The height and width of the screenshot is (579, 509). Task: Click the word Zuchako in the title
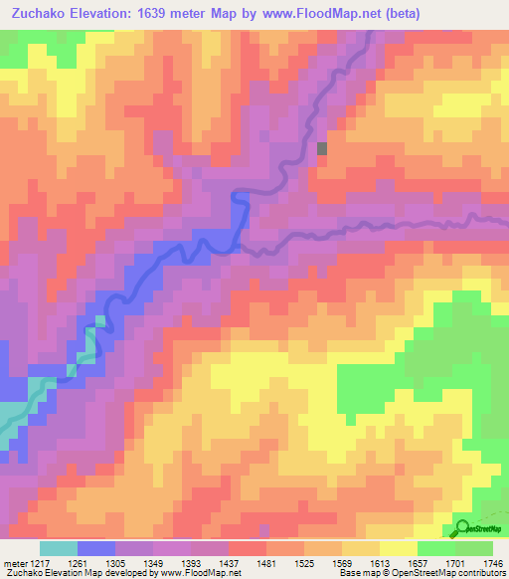(45, 14)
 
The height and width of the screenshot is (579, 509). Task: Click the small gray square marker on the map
(322, 148)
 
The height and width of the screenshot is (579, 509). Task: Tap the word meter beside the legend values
(14, 561)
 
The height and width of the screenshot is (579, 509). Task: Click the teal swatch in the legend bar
(59, 548)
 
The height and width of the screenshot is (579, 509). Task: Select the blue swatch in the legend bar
(96, 548)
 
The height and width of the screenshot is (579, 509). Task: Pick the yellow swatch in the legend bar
(399, 548)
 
